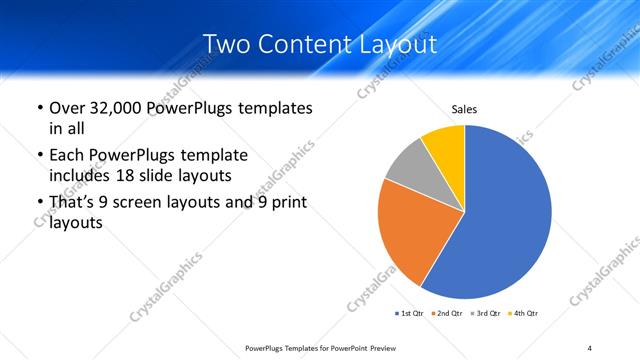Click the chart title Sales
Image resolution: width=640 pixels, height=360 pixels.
coord(464,108)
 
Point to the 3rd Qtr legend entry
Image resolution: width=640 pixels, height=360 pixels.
coord(485,314)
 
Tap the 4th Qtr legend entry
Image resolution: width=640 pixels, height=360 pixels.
coord(523,314)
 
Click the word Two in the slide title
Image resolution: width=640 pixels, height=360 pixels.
coord(225,44)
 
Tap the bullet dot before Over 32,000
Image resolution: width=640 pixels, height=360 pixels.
coord(39,108)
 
